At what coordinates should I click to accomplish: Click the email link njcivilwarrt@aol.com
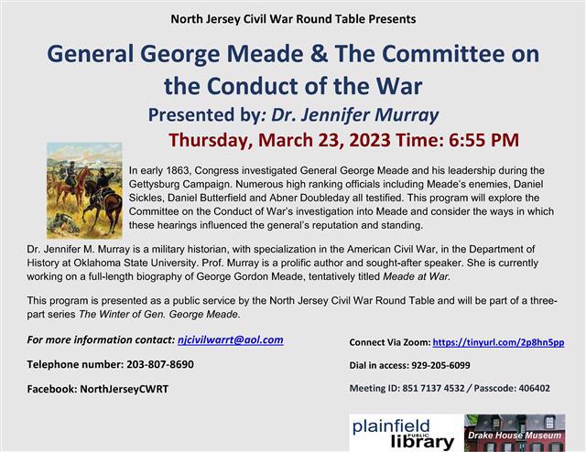point(230,339)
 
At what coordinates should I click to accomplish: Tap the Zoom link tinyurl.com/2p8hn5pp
point(498,342)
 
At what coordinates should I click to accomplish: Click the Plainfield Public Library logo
point(403,432)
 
